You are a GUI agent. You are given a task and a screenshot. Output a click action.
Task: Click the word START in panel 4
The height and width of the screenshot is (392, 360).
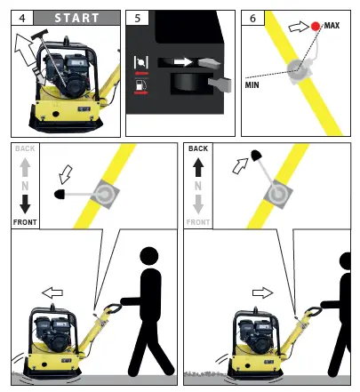(76, 18)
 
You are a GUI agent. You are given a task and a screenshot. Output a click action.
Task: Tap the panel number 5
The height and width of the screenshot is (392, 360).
(137, 18)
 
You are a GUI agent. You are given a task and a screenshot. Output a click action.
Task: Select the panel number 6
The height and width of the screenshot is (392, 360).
(252, 18)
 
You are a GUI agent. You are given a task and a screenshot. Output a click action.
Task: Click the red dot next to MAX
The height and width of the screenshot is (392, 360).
(316, 27)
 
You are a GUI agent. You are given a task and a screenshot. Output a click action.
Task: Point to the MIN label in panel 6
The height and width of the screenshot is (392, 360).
(252, 85)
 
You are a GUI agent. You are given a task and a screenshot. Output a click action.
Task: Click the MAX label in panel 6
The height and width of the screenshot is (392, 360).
(332, 26)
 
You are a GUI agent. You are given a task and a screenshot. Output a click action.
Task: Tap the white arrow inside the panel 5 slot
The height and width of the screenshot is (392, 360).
(183, 61)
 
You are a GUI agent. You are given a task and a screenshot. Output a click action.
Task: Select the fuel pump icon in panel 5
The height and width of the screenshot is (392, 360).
(140, 84)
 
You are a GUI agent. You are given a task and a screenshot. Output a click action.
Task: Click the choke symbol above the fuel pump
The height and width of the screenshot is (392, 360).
(141, 62)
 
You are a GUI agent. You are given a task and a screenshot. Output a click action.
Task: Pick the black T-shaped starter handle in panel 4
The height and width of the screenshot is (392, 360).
(40, 35)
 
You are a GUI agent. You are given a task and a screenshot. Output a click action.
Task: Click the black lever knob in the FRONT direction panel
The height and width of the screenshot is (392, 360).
(60, 194)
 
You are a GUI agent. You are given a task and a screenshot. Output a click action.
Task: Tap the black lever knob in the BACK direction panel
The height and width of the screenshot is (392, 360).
(255, 156)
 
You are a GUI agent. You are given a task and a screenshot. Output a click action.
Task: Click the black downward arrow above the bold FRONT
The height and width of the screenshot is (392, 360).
(25, 204)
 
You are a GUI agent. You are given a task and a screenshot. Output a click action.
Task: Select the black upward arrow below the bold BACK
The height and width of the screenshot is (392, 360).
(198, 167)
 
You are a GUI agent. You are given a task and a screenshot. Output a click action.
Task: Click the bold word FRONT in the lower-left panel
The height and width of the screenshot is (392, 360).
(25, 222)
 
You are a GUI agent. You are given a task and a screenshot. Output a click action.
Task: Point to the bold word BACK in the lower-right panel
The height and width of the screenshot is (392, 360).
(198, 148)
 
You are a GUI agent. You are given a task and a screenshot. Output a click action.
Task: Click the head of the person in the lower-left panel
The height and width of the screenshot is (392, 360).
(149, 256)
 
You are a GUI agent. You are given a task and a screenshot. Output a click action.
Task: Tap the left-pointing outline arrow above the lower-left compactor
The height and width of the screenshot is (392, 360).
(52, 292)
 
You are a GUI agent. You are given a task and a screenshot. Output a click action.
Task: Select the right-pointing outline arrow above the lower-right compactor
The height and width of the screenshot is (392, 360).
(262, 293)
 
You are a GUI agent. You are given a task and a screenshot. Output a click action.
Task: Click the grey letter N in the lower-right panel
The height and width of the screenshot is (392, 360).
(198, 186)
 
